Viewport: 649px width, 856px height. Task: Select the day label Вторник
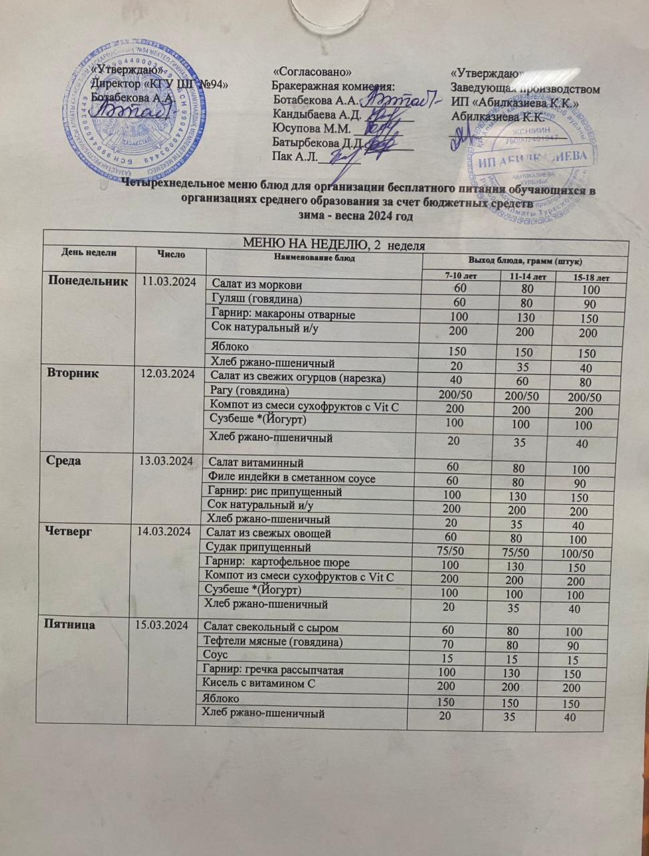(x=72, y=373)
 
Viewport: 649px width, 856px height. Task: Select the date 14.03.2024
(x=165, y=532)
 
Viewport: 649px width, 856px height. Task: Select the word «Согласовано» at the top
(x=312, y=72)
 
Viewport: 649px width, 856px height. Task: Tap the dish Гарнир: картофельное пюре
(x=277, y=562)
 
